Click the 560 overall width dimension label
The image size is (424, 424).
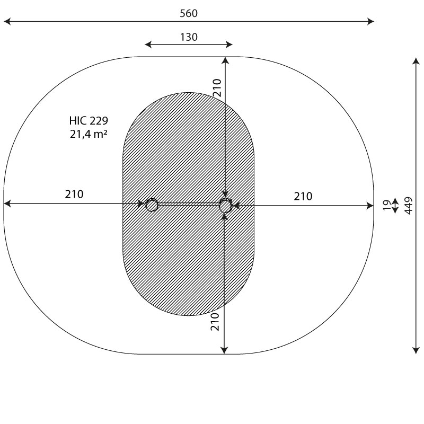point(189,13)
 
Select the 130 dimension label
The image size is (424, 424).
point(189,37)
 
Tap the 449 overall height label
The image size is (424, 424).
point(409,206)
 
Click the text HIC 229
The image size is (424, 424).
point(89,121)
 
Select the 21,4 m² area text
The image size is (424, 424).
point(89,134)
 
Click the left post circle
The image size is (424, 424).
point(152,205)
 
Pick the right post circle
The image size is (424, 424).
point(226,205)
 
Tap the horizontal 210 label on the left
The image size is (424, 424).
point(74,194)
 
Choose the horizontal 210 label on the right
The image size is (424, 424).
point(303,196)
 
